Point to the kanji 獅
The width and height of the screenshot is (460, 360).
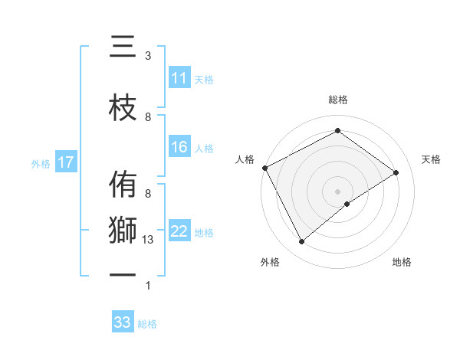[123, 231]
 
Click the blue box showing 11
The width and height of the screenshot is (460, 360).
[179, 78]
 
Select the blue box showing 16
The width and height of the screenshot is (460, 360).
[179, 148]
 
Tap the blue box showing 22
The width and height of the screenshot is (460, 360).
[179, 232]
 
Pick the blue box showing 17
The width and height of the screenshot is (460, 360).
[66, 162]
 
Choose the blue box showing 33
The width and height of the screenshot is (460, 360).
[123, 322]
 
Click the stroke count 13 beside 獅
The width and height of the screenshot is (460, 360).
[148, 240]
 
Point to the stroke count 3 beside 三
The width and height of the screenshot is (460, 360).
[148, 56]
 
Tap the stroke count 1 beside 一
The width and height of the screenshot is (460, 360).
[148, 286]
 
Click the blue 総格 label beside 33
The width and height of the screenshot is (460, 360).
[148, 324]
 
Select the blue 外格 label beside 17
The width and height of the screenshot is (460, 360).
[40, 163]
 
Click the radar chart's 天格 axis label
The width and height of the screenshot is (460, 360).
[431, 159]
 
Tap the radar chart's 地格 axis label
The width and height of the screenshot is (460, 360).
[402, 262]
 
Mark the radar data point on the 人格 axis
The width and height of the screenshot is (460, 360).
[264, 168]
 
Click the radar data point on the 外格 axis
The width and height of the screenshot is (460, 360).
[301, 242]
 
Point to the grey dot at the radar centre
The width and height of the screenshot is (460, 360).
[337, 191]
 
